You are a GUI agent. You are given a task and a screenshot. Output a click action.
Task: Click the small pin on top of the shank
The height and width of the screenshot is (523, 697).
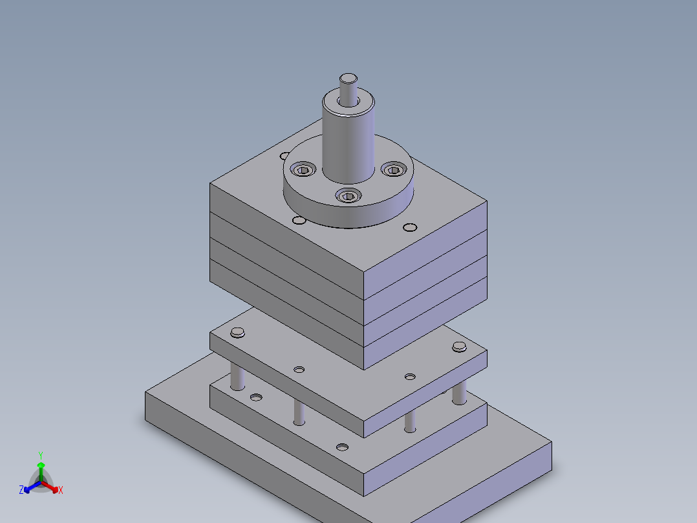point(348,81)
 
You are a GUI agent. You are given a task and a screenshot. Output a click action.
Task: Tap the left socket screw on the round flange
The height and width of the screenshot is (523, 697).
point(303,170)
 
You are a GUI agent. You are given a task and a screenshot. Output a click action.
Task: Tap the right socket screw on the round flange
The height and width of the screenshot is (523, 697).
point(393,170)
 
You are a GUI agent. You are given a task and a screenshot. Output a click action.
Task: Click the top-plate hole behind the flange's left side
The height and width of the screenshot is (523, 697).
point(285,155)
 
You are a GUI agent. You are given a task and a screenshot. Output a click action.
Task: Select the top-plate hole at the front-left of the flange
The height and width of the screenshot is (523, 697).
point(299,221)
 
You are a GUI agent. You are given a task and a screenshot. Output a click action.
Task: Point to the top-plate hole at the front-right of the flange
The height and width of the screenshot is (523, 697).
point(409,227)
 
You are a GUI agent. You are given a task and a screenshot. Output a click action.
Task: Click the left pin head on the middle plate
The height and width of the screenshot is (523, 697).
point(238,333)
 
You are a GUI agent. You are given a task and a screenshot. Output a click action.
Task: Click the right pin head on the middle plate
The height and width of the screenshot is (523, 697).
point(459,346)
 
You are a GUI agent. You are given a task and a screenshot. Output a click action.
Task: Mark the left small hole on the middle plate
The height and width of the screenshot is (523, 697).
point(299,370)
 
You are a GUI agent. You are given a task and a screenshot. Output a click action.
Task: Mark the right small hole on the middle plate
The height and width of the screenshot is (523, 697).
point(410,376)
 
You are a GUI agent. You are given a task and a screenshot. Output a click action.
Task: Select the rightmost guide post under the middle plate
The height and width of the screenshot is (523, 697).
point(459,392)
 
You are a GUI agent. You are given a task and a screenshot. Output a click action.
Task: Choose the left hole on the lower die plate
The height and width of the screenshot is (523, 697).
point(257,396)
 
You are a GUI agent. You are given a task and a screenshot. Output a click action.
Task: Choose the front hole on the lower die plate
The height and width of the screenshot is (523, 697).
point(342,447)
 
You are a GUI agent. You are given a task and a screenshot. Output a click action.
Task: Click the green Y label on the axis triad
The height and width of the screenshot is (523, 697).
point(40,455)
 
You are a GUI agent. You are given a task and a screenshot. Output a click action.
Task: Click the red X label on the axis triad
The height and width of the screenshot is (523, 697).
point(61,491)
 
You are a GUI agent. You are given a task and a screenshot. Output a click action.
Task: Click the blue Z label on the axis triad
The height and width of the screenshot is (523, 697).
point(21,491)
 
